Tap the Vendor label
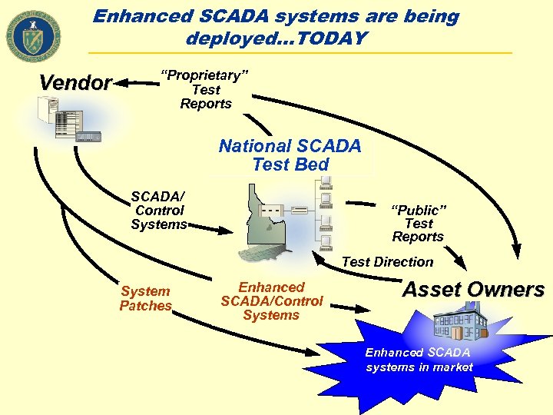tap(75, 83)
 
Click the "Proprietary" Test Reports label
tap(205, 89)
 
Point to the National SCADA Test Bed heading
tap(290, 155)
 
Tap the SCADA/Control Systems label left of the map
tap(158, 211)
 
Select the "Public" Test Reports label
tap(418, 224)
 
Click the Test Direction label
tap(387, 262)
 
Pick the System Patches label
tap(145, 298)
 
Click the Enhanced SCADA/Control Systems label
tap(271, 301)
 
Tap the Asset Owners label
tap(473, 290)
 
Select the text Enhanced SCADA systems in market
tap(419, 360)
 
